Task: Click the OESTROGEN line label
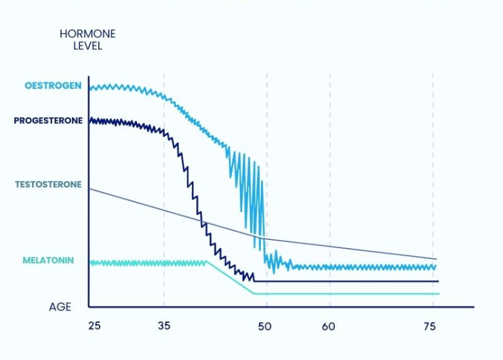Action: [x=53, y=86]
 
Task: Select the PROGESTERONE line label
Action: [x=48, y=121]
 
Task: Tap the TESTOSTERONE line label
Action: [x=48, y=184]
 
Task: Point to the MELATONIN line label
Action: [x=48, y=260]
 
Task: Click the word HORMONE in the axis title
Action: [x=87, y=34]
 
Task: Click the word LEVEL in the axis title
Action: [x=87, y=46]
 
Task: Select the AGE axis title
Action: [x=60, y=307]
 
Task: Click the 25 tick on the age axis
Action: [x=94, y=326]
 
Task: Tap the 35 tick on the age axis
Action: [x=164, y=326]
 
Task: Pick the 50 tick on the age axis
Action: [x=264, y=326]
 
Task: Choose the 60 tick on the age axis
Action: [x=329, y=326]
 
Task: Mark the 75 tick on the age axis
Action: [x=428, y=326]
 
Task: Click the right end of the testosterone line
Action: [x=436, y=259]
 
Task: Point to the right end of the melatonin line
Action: [x=439, y=294]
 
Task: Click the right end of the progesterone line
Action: [x=439, y=281]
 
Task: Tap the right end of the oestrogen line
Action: [x=435, y=267]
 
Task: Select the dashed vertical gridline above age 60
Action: [x=330, y=169]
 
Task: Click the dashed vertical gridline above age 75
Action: [x=433, y=169]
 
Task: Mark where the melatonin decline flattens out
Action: [x=254, y=294]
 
